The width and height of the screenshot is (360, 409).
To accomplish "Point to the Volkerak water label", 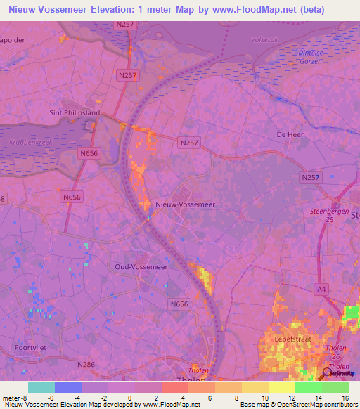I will tap(264, 40).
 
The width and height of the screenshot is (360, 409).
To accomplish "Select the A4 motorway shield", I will tap(321, 288).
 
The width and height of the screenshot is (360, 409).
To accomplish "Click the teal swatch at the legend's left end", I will tap(41, 387).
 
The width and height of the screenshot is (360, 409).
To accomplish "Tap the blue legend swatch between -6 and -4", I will tap(68, 387).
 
